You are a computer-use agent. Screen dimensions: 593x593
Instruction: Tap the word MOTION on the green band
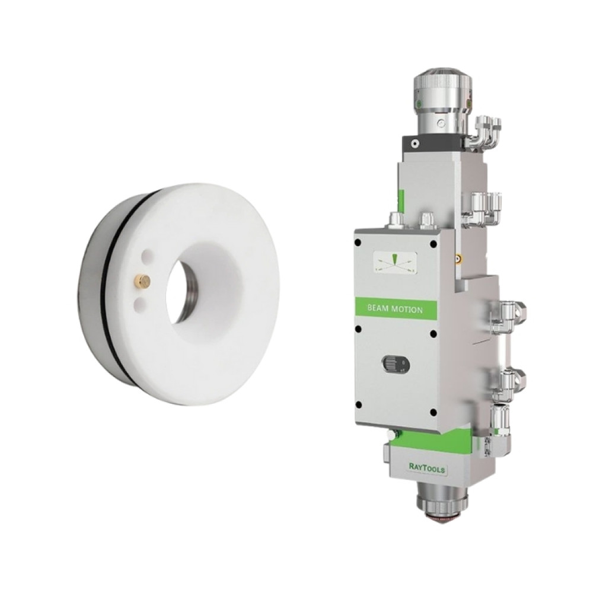pyautogui.click(x=408, y=310)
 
